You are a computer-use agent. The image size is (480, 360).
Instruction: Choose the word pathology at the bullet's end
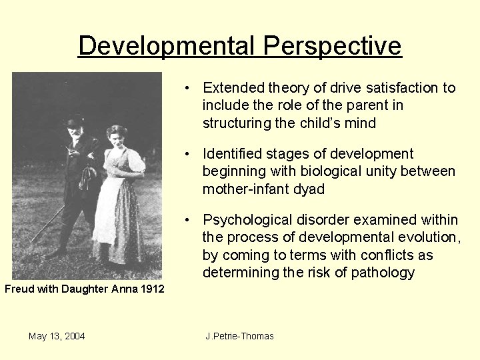[x=383, y=272]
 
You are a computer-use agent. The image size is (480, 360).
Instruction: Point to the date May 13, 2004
[x=57, y=336]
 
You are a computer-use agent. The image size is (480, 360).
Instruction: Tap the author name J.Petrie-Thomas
[x=240, y=336]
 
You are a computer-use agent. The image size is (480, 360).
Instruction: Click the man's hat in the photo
[x=75, y=121]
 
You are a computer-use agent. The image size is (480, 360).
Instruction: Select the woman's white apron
[x=107, y=207]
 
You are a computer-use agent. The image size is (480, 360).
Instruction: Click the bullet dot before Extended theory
[x=190, y=89]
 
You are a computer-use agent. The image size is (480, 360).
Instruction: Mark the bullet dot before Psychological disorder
[x=190, y=221]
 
